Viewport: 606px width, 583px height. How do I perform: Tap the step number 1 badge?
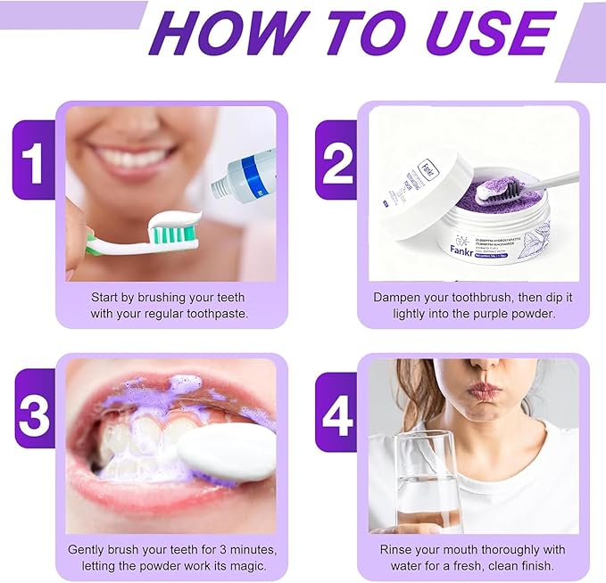(x=34, y=163)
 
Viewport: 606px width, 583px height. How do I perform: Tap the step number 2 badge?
(x=337, y=163)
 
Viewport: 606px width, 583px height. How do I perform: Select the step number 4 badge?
(x=337, y=415)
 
